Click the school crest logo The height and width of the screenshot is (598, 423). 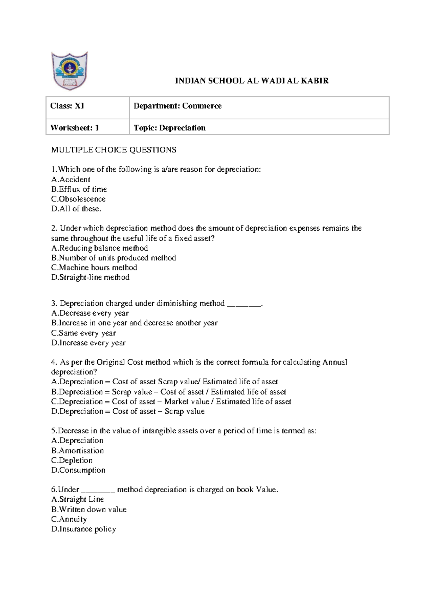pyautogui.click(x=69, y=71)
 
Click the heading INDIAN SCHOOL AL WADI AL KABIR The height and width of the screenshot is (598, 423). pyautogui.click(x=252, y=81)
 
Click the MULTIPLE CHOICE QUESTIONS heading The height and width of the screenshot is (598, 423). pyautogui.click(x=114, y=150)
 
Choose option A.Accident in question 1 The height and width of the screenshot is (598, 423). pyautogui.click(x=70, y=179)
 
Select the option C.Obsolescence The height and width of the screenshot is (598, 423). pyautogui.click(x=78, y=199)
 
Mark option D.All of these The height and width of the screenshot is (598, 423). pyautogui.click(x=76, y=209)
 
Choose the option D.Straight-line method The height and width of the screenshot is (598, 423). pyautogui.click(x=90, y=277)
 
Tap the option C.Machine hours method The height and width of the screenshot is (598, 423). pyautogui.click(x=94, y=268)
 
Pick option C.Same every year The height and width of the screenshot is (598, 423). pyautogui.click(x=84, y=333)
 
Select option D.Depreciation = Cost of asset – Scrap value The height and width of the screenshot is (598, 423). pyautogui.click(x=128, y=411)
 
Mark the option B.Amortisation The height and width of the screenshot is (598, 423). pyautogui.click(x=78, y=451)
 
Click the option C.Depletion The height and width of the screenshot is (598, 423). pyautogui.click(x=72, y=460)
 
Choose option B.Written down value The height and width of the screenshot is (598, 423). pyautogui.click(x=89, y=509)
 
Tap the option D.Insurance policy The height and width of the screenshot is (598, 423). pyautogui.click(x=84, y=529)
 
